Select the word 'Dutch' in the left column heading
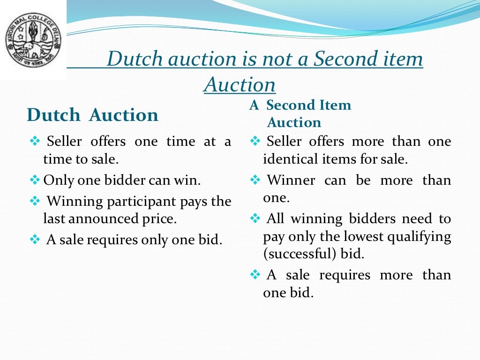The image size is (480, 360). (x=53, y=115)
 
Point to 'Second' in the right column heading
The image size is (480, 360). (x=290, y=105)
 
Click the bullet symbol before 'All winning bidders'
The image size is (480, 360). (x=255, y=218)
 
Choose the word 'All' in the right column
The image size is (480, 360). (x=276, y=219)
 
